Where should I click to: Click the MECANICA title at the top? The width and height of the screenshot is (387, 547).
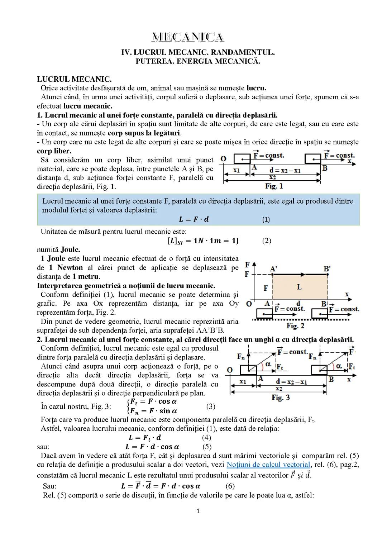coord(188,37)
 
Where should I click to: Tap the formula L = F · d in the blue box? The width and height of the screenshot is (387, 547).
coord(193,219)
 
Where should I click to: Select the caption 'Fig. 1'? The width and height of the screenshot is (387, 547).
coord(274,186)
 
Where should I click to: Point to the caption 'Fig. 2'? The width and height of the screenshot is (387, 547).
coord(295,326)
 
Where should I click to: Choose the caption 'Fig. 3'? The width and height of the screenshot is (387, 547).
coord(281,398)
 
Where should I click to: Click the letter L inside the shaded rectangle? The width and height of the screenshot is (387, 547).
coord(299,287)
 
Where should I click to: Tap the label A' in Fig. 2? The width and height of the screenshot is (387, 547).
coord(274,268)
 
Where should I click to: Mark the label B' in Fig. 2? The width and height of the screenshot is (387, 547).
coord(327,268)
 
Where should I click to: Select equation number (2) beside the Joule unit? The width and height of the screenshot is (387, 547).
coord(266,241)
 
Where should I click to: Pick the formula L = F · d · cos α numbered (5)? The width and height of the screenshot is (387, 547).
coord(152,447)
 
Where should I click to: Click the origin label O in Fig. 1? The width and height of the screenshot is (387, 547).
coord(223,158)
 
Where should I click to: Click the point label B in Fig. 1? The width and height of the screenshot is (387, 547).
coord(325,168)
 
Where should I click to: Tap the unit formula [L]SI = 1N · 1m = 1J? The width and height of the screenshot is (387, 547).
coord(203,241)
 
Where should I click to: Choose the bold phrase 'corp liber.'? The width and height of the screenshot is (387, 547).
coord(54,151)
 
